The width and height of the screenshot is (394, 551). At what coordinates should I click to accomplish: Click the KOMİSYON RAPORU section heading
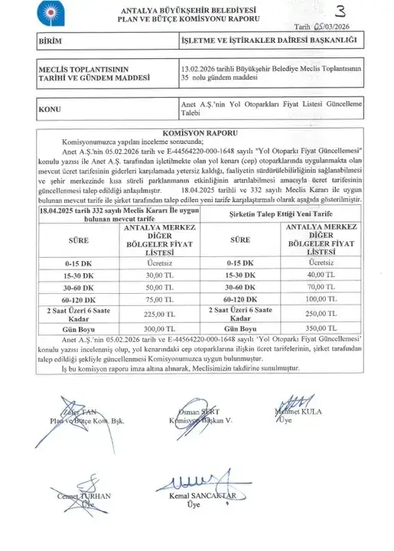(x=197, y=132)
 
